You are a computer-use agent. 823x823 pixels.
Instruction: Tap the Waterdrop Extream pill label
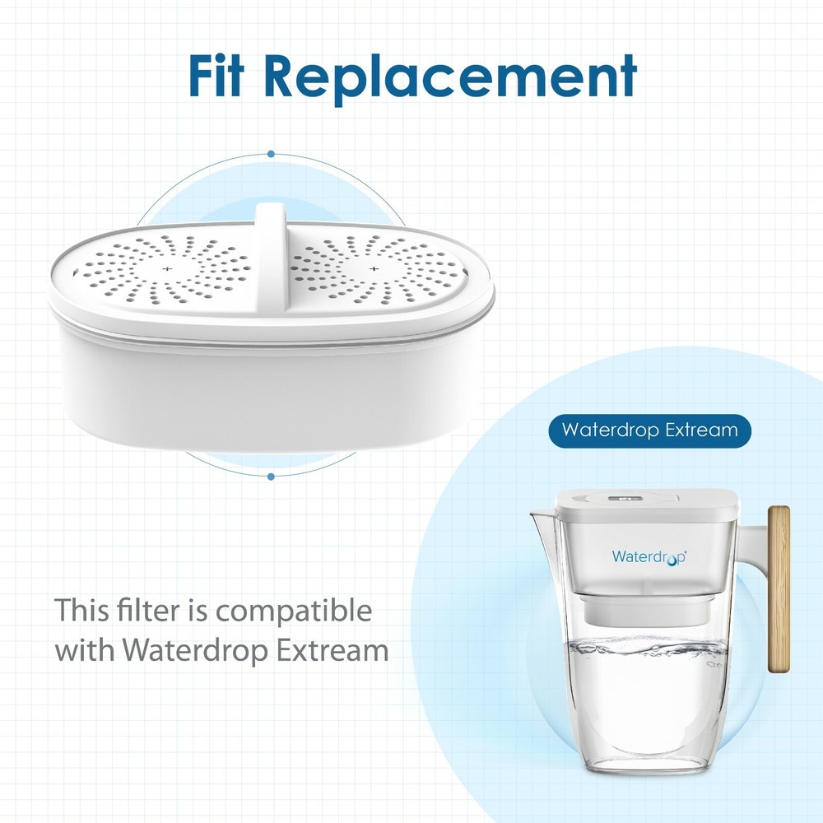coord(649,430)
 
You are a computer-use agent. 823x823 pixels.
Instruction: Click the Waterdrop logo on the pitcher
coord(649,556)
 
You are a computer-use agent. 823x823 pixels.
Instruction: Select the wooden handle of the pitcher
coord(778,588)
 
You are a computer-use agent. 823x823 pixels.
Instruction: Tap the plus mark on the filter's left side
coord(166,269)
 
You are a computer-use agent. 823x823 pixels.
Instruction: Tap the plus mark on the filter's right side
coord(374,269)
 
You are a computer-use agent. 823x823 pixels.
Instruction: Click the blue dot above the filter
coord(271,154)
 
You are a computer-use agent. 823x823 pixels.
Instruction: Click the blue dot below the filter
coord(271,476)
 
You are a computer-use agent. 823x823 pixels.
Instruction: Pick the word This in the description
coord(81,611)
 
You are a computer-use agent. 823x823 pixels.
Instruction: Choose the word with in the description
coord(86,650)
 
